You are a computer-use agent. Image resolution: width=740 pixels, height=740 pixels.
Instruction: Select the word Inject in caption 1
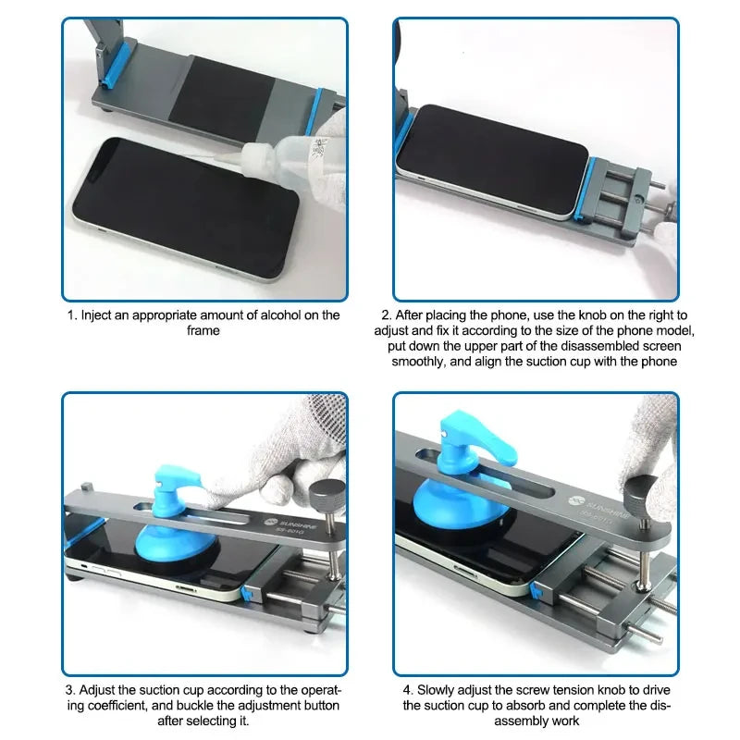99,315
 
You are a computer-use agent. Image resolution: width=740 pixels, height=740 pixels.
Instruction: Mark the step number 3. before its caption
69,691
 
